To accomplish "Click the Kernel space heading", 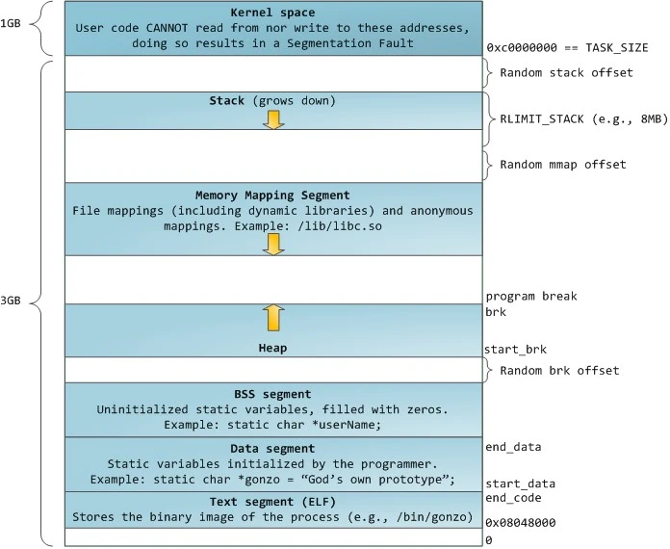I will tap(273, 12).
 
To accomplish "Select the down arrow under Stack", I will tap(273, 118).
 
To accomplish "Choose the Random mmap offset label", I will tap(563, 165).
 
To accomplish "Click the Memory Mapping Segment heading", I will tap(273, 195).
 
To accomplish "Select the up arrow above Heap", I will tap(273, 317).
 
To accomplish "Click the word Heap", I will tap(273, 347).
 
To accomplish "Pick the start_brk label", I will tap(515, 350).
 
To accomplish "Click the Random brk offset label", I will tap(558, 371).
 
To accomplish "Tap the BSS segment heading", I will tap(273, 394).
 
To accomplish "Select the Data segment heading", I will tap(273, 449).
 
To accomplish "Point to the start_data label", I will tap(519, 484).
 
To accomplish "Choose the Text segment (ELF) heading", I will tap(273, 503).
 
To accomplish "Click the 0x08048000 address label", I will tap(521, 522).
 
